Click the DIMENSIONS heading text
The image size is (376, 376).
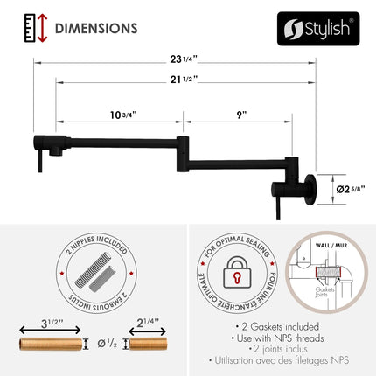(x=95, y=28)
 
